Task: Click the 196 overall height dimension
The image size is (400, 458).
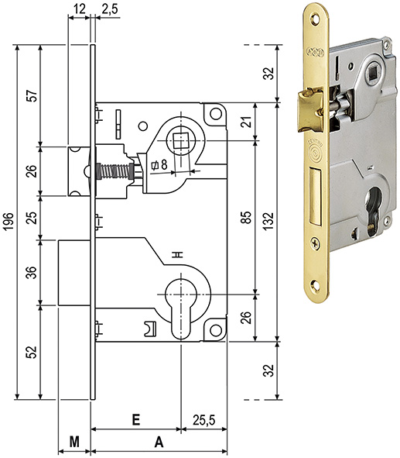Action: pyautogui.click(x=9, y=222)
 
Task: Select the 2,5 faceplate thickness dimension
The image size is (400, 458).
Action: pyautogui.click(x=110, y=9)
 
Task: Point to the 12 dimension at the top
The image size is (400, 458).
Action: pyautogui.click(x=79, y=9)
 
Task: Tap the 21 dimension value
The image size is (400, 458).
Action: pyautogui.click(x=247, y=122)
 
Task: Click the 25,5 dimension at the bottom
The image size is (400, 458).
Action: pyautogui.click(x=203, y=420)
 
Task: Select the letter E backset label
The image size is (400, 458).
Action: pyautogui.click(x=136, y=420)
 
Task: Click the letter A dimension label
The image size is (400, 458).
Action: pyautogui.click(x=159, y=442)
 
